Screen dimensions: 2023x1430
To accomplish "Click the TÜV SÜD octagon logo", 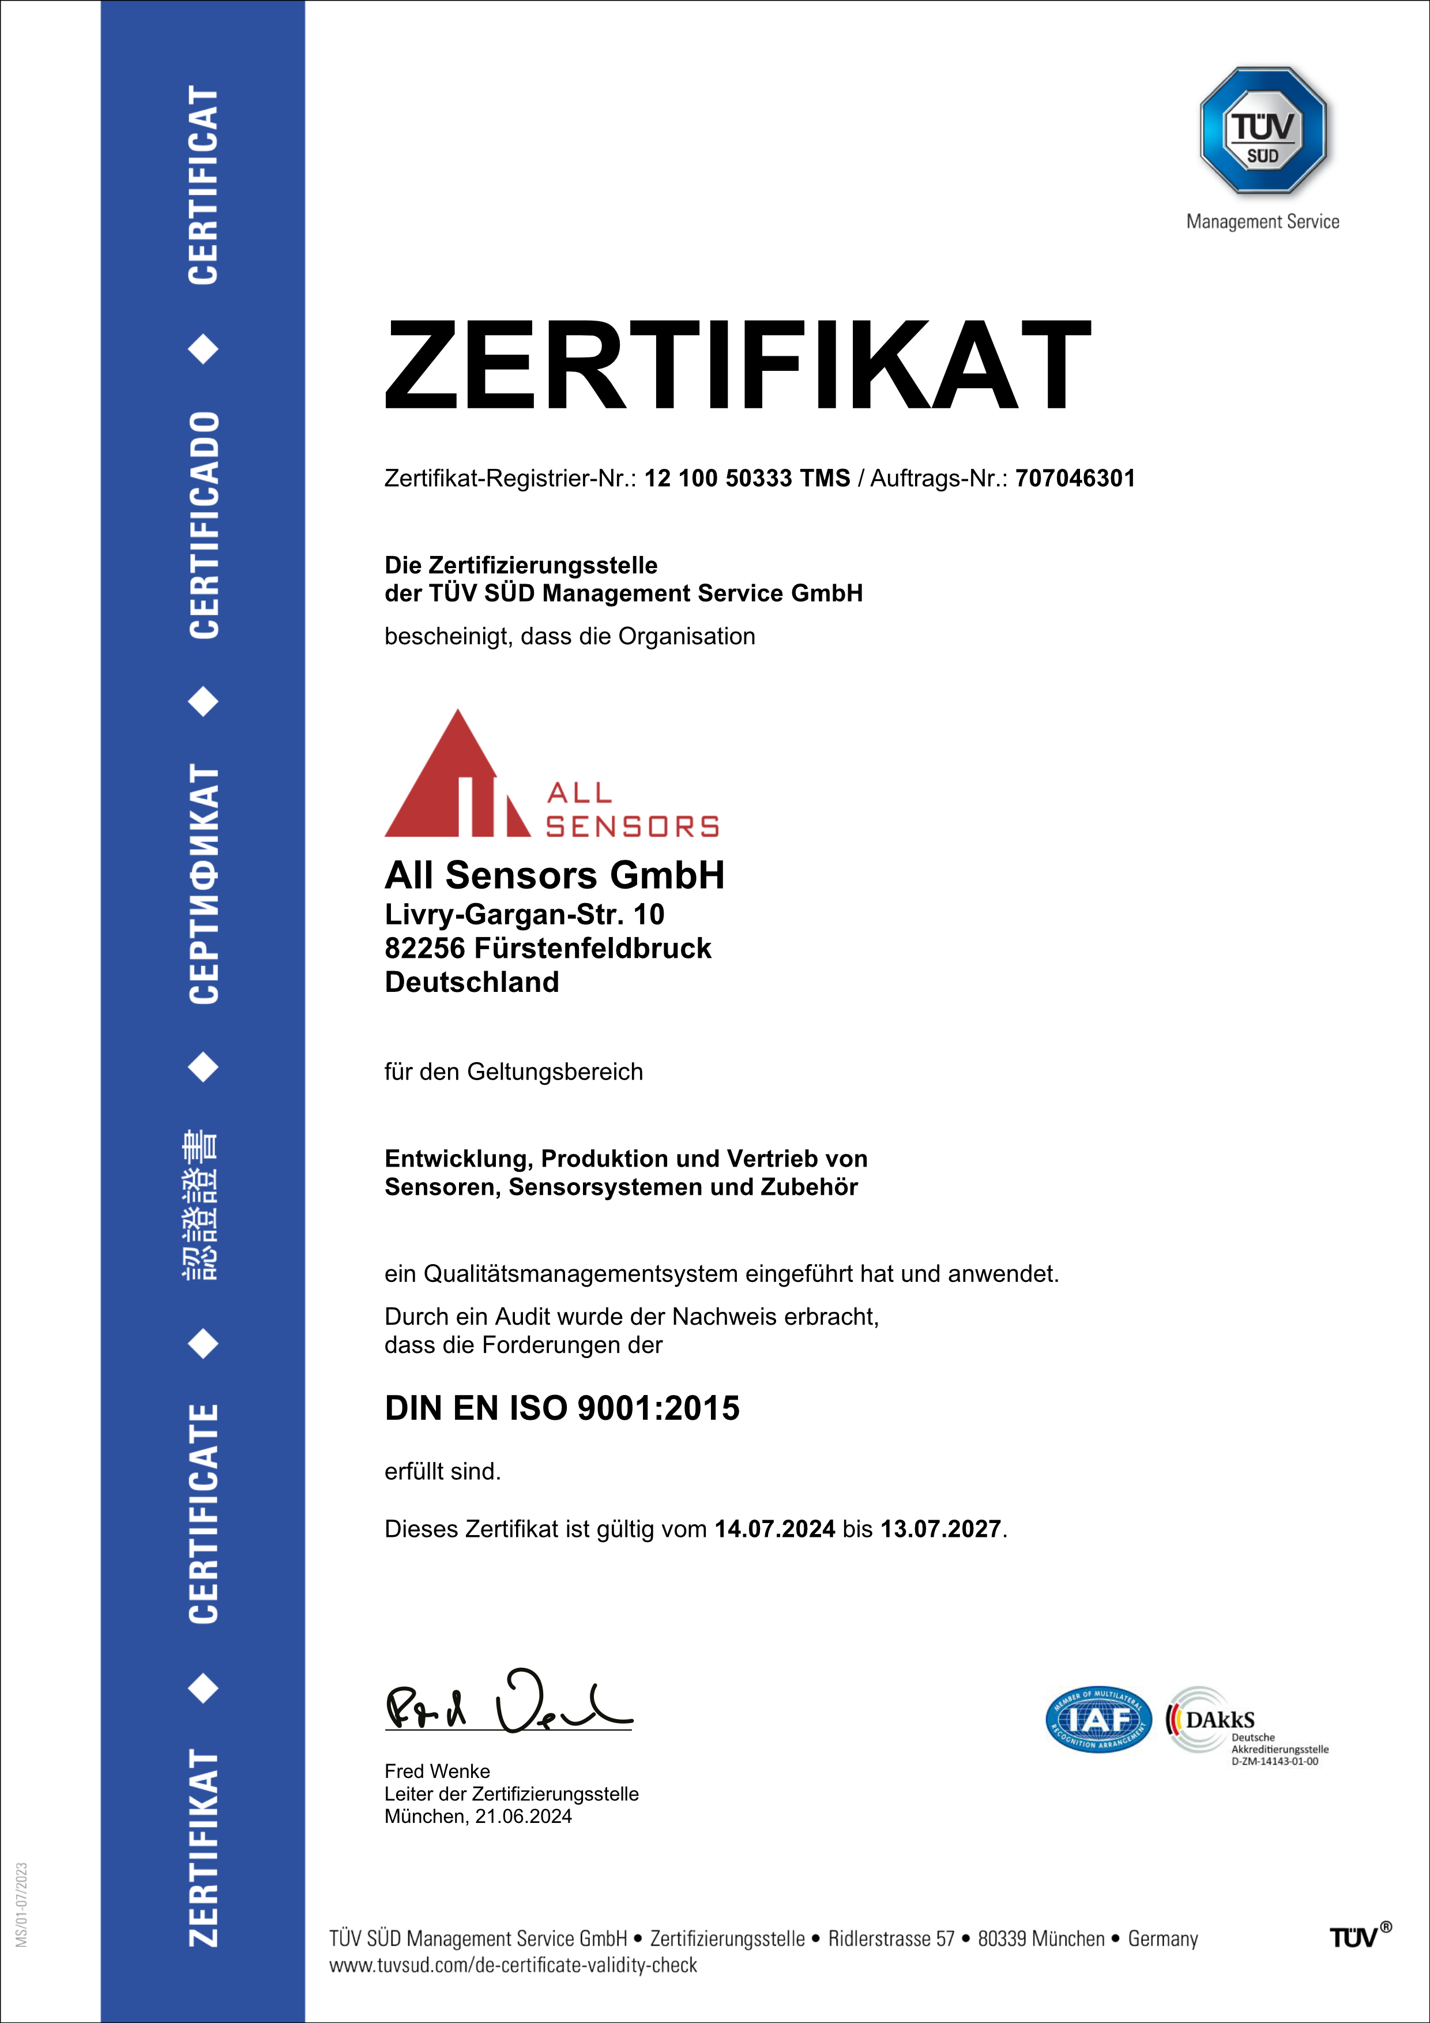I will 1263,130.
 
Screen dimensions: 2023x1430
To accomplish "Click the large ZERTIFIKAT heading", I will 737,365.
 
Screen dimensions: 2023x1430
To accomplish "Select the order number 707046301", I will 1075,479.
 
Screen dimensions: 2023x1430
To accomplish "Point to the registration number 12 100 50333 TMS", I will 747,479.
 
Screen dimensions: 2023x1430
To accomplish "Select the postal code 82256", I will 424,949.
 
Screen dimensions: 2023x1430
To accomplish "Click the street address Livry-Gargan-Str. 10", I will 524,915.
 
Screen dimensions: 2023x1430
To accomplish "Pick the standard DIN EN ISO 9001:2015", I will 562,1408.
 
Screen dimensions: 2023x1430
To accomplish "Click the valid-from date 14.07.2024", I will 774,1529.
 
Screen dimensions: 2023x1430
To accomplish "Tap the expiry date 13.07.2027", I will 940,1529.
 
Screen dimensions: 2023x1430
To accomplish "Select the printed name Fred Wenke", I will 437,1771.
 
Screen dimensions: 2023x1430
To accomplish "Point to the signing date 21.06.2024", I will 524,1817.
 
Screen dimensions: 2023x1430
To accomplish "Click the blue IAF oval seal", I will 1098,1719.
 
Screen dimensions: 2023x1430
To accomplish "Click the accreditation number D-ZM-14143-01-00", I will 1274,1761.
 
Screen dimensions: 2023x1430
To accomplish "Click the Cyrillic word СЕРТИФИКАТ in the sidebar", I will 204,883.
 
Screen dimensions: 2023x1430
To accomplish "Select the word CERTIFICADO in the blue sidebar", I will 204,525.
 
